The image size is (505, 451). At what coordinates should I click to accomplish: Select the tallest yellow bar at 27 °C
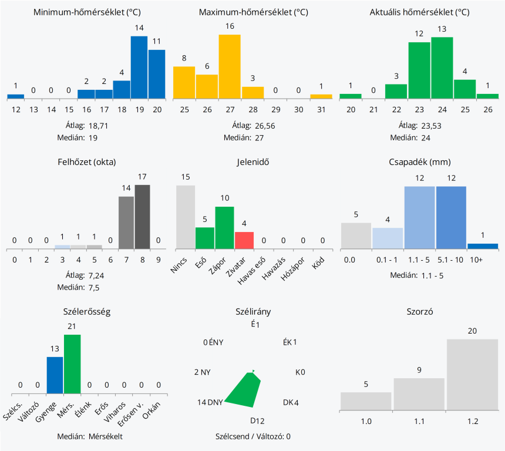click(x=230, y=66)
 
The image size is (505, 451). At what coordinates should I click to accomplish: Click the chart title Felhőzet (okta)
click(x=87, y=162)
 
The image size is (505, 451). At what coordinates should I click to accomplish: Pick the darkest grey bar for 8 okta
click(x=143, y=217)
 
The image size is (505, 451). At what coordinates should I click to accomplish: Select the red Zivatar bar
click(x=244, y=240)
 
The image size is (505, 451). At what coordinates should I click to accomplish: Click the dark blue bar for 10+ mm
click(x=483, y=245)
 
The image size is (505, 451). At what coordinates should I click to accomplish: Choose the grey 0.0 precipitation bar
click(x=356, y=235)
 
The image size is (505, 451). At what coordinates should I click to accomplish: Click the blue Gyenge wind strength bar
click(x=55, y=375)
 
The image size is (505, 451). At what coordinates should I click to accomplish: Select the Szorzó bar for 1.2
click(x=472, y=374)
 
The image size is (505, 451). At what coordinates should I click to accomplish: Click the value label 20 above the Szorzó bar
click(x=472, y=331)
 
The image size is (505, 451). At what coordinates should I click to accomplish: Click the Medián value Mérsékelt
click(x=106, y=436)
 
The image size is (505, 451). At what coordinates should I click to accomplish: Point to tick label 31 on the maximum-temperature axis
click(x=321, y=110)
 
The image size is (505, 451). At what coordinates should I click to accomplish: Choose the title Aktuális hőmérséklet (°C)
click(x=419, y=12)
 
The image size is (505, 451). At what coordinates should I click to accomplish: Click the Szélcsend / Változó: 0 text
click(x=253, y=436)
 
